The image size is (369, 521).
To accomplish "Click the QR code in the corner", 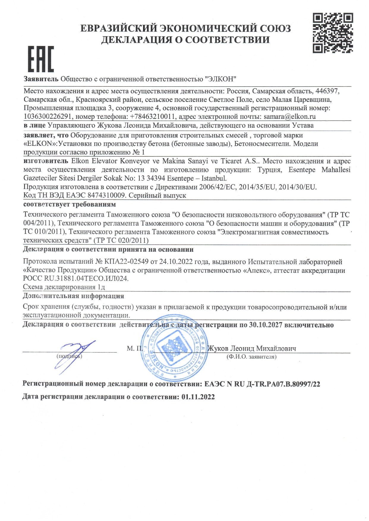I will (333, 33).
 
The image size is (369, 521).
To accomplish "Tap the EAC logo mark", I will (41, 59).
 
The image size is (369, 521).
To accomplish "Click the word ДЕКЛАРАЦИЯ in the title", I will (137, 39).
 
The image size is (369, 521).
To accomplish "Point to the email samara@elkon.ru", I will (290, 117).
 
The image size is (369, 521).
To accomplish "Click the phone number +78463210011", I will (153, 117).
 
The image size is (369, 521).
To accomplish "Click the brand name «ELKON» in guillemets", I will (40, 144).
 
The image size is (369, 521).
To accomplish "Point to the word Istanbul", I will (214, 178).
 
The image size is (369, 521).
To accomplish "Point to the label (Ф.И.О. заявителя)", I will (251, 357).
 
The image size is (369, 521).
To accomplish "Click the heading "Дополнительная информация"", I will (73, 296).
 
